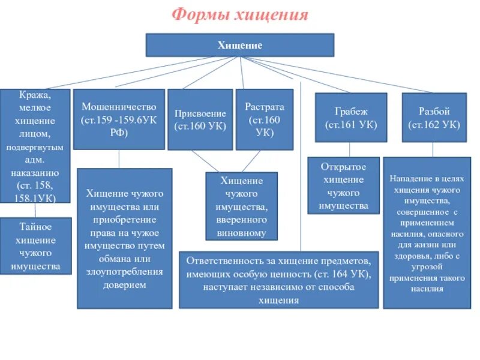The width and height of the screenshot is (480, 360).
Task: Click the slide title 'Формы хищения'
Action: (x=240, y=14)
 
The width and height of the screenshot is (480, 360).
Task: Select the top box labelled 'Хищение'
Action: (x=240, y=45)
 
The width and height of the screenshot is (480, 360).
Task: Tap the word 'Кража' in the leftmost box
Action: (x=34, y=96)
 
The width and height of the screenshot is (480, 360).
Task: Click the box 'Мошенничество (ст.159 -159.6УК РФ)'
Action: (x=119, y=119)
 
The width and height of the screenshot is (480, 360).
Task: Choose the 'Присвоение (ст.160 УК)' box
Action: (x=200, y=119)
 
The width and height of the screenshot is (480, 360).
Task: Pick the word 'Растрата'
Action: (x=265, y=107)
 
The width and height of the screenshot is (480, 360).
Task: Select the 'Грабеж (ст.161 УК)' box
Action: (x=351, y=118)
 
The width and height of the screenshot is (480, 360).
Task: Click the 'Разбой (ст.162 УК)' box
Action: (x=434, y=118)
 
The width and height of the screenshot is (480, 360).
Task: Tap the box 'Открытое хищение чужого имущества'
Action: (x=344, y=185)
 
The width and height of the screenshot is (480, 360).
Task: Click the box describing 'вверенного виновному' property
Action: (x=241, y=206)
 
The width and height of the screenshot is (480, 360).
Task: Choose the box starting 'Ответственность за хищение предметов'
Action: (x=279, y=279)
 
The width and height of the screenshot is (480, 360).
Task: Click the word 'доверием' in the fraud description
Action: (x=125, y=285)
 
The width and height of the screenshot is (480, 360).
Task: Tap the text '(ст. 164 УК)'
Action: (x=339, y=274)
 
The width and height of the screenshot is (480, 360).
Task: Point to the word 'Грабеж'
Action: (x=351, y=112)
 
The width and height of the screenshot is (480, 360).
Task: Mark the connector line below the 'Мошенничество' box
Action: (x=119, y=158)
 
